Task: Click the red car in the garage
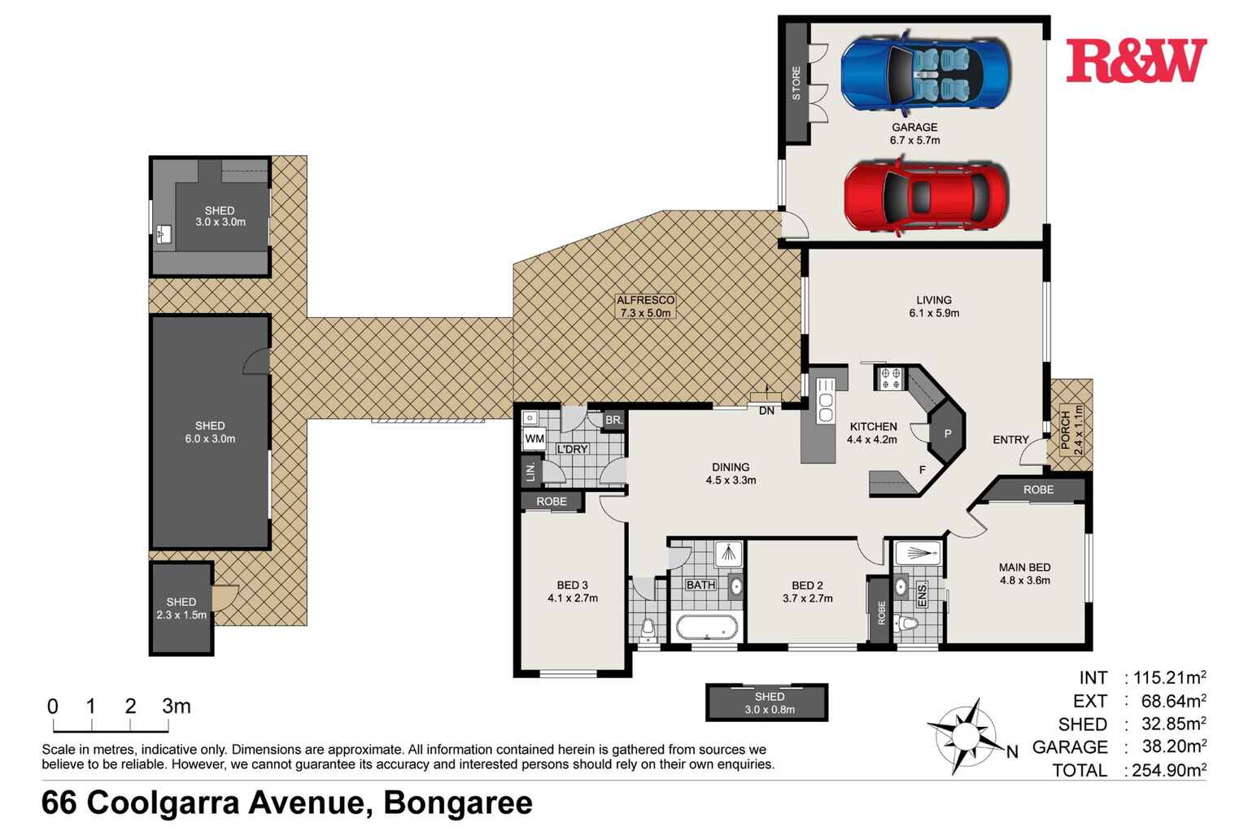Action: pyautogui.click(x=926, y=198)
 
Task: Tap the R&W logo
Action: pyautogui.click(x=1136, y=61)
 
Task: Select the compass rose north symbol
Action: pyautogui.click(x=968, y=737)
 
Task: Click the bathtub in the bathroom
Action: pyautogui.click(x=707, y=629)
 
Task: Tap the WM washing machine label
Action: pyautogui.click(x=535, y=439)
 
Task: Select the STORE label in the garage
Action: pyautogui.click(x=796, y=84)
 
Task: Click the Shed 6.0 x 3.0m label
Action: pyautogui.click(x=210, y=432)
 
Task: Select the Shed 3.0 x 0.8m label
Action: pyautogui.click(x=769, y=703)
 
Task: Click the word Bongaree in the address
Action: pyautogui.click(x=458, y=803)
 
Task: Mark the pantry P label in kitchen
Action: pyautogui.click(x=946, y=434)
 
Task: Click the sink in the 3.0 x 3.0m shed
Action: pyautogui.click(x=166, y=235)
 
